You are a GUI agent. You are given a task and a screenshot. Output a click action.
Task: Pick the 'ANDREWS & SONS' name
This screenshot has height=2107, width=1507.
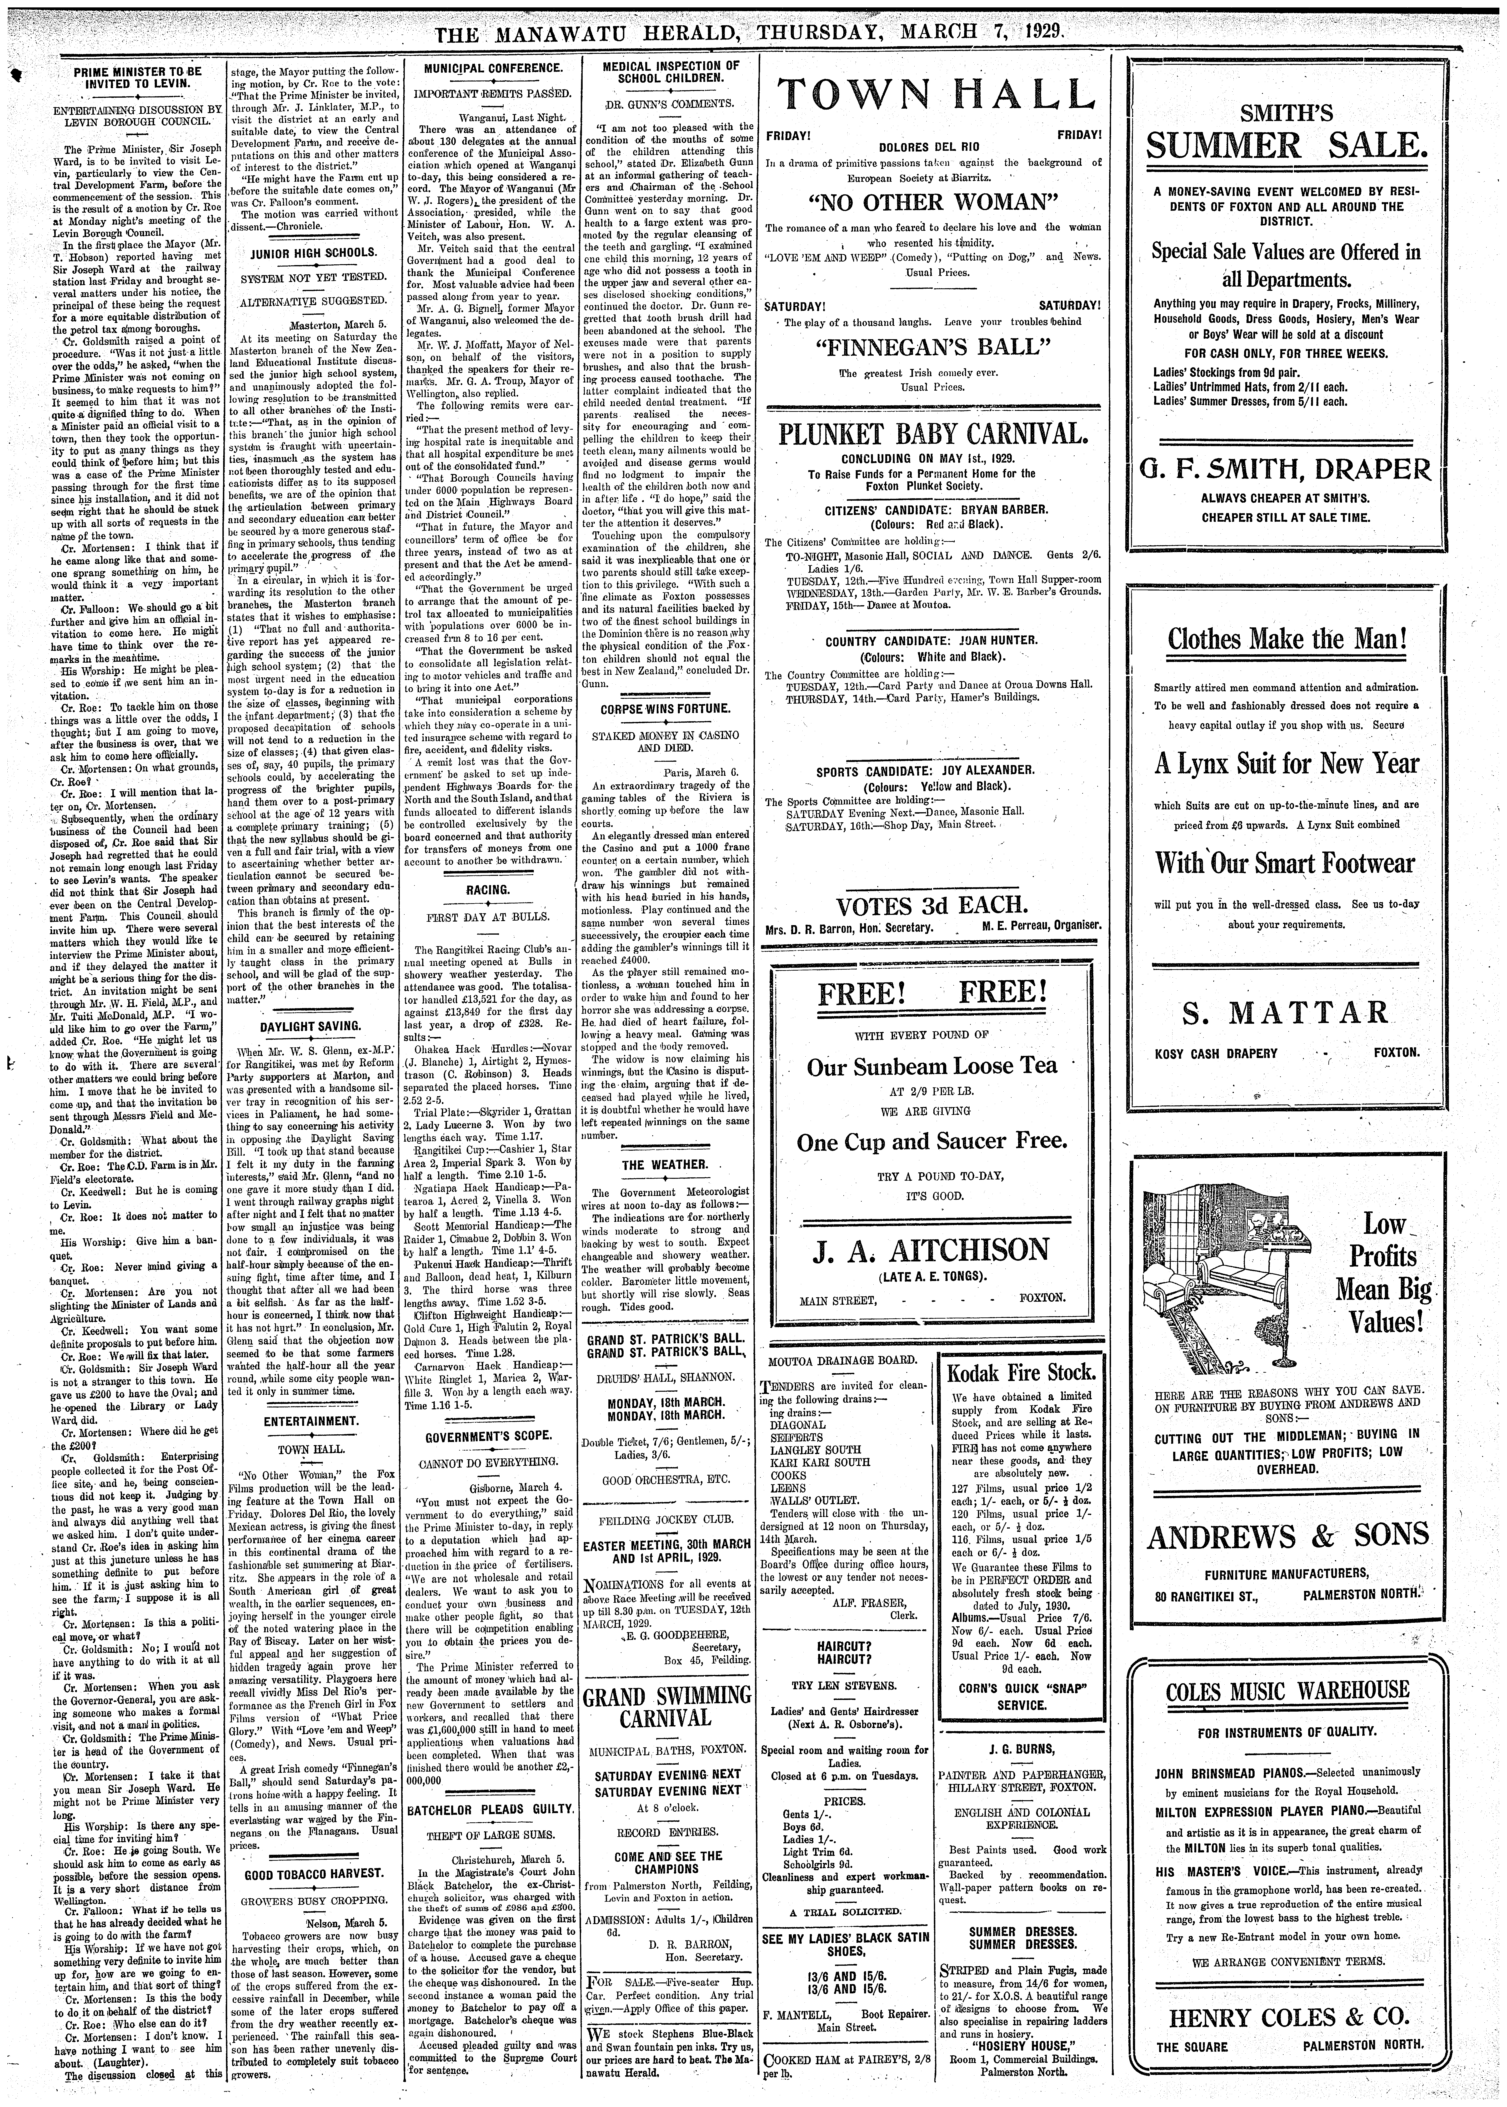(1286, 1536)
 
